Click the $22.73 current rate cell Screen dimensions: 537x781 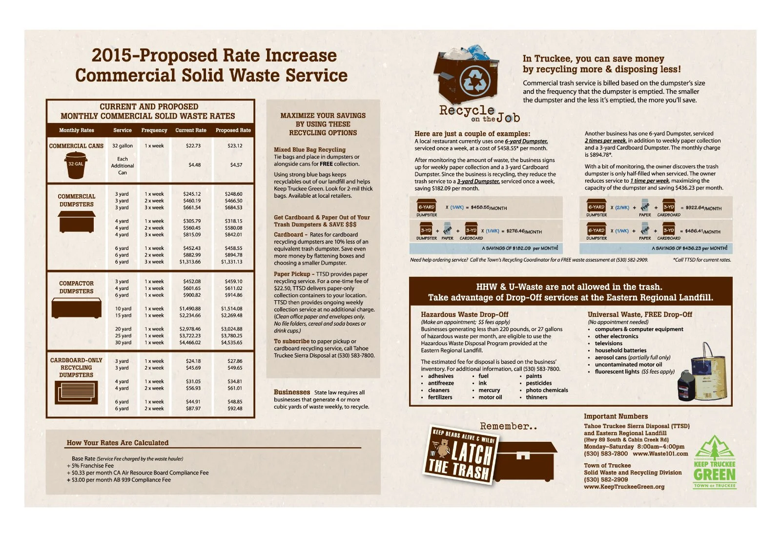[x=193, y=145]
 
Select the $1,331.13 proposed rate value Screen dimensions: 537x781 [x=231, y=262]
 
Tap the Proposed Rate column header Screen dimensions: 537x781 [x=233, y=130]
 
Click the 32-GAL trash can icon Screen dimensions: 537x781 [x=76, y=165]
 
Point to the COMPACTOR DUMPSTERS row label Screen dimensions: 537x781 [x=76, y=287]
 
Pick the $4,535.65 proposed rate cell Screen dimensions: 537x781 [x=231, y=343]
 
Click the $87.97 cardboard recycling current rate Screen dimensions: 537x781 [x=193, y=409]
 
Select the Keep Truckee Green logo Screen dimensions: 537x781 [x=714, y=462]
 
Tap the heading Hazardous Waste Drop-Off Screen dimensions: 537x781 [x=464, y=314]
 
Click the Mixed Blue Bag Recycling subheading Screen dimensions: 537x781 [x=309, y=150]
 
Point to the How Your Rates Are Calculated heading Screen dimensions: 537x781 [x=118, y=443]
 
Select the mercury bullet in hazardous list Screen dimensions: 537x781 [x=489, y=390]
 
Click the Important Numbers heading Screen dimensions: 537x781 [x=616, y=416]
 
